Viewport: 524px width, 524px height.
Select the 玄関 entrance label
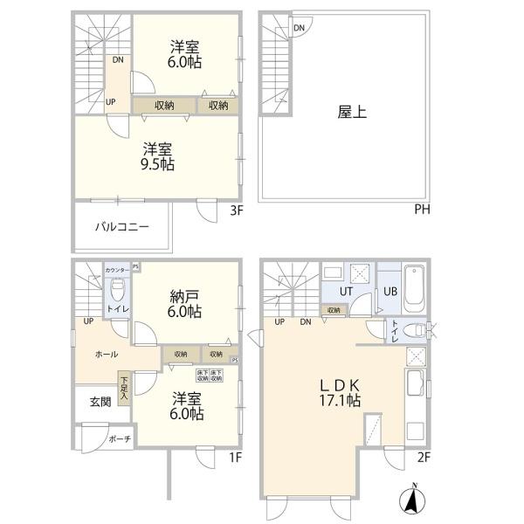100,402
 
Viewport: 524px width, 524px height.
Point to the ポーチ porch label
120,439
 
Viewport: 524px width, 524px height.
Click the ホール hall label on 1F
107,355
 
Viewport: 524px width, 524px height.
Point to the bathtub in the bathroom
416,289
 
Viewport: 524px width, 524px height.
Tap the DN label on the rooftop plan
300,28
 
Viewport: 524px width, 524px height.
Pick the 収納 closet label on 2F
334,309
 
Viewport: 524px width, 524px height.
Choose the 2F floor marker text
423,456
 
